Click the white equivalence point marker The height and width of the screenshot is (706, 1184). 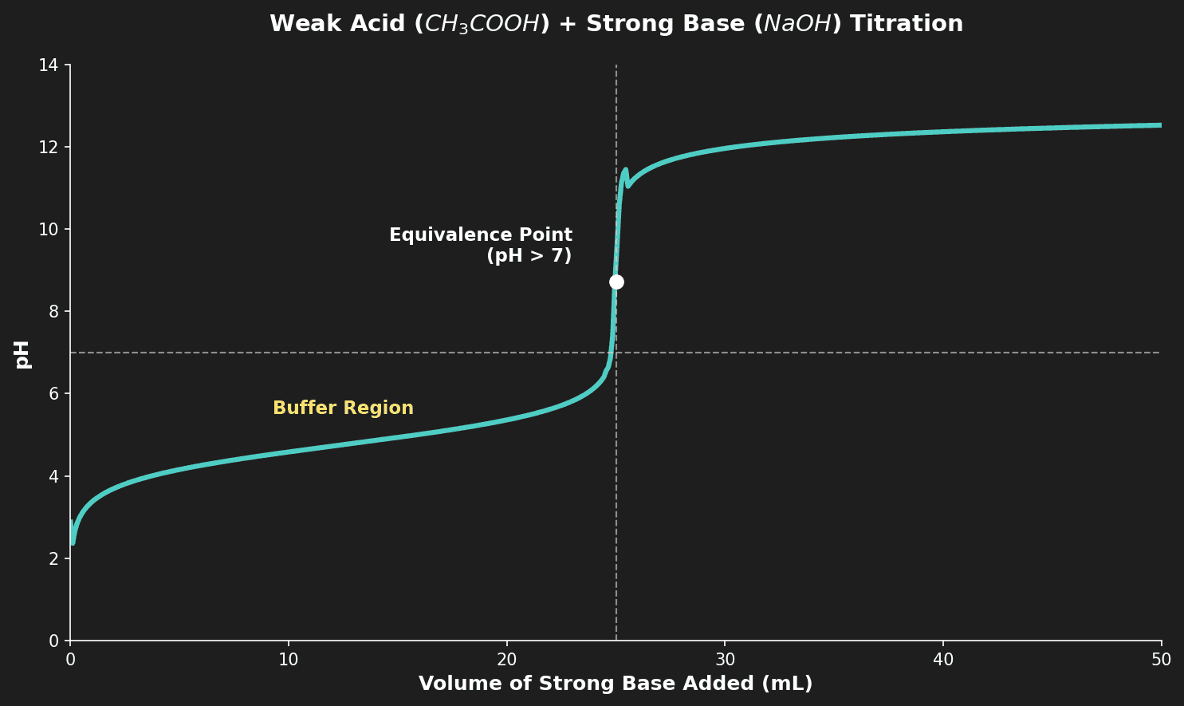pyautogui.click(x=616, y=282)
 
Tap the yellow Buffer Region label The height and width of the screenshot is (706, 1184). pyautogui.click(x=343, y=408)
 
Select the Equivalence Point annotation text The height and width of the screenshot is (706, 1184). pyautogui.click(x=480, y=235)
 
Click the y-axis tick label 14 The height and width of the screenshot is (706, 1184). pyautogui.click(x=49, y=65)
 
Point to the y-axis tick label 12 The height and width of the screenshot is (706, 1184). pyautogui.click(x=49, y=147)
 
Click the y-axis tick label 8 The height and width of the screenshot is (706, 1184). pyautogui.click(x=54, y=312)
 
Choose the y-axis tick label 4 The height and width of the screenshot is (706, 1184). pyautogui.click(x=54, y=476)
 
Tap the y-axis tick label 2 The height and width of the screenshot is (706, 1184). pyautogui.click(x=54, y=558)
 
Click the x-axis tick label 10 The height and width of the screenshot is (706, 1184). pyautogui.click(x=288, y=660)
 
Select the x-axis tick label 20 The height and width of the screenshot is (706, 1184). pyautogui.click(x=506, y=660)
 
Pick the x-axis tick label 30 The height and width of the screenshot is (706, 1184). pyautogui.click(x=725, y=660)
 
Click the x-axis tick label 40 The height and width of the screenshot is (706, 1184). pyautogui.click(x=943, y=660)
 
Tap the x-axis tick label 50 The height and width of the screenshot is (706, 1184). pyautogui.click(x=1161, y=660)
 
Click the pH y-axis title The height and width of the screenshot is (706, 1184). pyautogui.click(x=22, y=353)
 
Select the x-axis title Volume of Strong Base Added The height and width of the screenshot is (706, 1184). pyautogui.click(x=615, y=684)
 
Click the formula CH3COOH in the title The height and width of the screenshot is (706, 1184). pyautogui.click(x=482, y=24)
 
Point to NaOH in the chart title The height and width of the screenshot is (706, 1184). pyautogui.click(x=797, y=24)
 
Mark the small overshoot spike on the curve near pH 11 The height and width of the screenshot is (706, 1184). pyautogui.click(x=625, y=173)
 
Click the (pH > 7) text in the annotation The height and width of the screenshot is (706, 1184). pyautogui.click(x=529, y=256)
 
